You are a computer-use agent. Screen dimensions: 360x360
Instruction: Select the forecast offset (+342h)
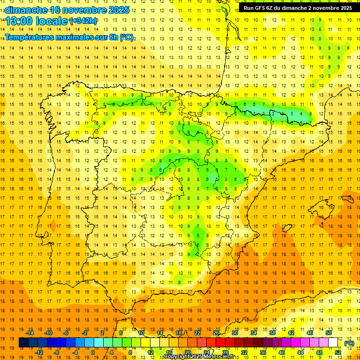(83, 21)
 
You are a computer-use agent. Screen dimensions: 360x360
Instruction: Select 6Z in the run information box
(270, 8)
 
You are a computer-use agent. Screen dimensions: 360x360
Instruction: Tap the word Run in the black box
(248, 8)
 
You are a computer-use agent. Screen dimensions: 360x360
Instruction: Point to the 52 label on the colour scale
(338, 352)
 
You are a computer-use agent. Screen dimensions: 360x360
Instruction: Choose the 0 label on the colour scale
(93, 352)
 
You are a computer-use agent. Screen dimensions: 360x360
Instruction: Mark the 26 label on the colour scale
(216, 333)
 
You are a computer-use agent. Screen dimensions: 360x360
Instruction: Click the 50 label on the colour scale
(328, 333)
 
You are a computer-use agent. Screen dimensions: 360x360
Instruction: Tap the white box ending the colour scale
(333, 343)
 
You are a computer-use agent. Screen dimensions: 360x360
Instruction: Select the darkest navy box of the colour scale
(23, 343)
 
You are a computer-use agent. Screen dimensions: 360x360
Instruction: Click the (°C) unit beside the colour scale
(349, 343)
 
